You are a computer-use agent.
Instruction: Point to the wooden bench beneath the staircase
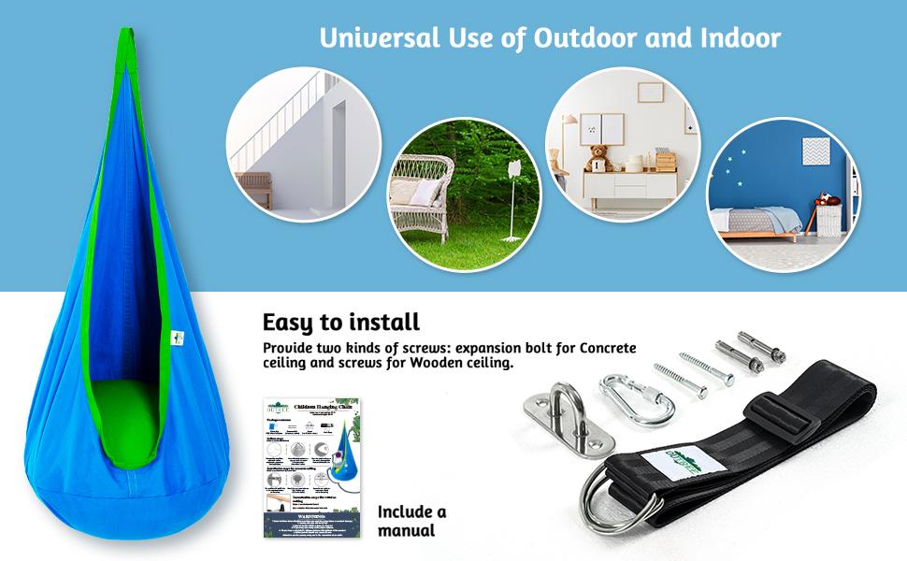tap(254, 184)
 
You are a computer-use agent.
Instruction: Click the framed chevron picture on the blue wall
tap(816, 151)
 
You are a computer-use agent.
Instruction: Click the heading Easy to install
tap(340, 323)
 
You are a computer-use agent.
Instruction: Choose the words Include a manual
tap(411, 521)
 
